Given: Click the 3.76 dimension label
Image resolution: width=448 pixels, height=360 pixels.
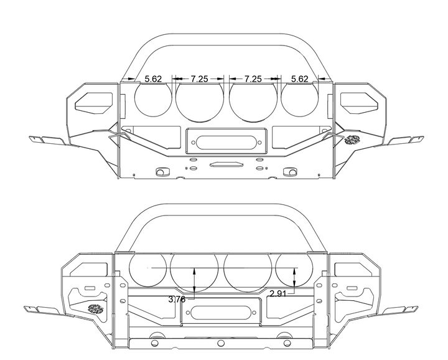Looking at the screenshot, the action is [177, 300].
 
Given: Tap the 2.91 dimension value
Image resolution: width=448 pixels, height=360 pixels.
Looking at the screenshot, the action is [278, 293].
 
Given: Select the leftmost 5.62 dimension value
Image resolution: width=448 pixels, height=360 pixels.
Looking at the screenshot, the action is [153, 79].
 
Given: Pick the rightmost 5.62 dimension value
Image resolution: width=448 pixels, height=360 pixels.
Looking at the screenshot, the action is [300, 79].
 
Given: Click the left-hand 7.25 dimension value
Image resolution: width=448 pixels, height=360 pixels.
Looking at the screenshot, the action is [200, 79].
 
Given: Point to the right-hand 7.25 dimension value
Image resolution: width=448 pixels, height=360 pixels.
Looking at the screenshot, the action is [253, 79].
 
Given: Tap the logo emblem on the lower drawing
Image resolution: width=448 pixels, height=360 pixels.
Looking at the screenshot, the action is [95, 309].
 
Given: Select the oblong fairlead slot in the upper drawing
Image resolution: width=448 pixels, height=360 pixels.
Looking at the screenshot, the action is [226, 143].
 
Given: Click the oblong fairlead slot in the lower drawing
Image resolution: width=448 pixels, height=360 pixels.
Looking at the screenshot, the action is [221, 313].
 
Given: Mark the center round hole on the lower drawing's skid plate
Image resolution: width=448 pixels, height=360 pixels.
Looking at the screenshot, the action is [220, 343].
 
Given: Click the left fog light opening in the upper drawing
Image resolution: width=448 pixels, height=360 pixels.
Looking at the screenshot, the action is [94, 102].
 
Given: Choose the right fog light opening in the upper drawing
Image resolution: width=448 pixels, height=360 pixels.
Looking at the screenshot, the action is [359, 102].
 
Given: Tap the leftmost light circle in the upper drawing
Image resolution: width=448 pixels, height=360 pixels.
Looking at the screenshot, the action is [153, 98].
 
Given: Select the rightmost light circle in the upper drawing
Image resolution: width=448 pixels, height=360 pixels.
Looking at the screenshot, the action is [300, 98].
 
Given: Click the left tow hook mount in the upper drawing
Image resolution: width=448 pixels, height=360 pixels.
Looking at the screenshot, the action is [161, 172].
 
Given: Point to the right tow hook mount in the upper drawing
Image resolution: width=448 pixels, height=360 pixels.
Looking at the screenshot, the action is [290, 172].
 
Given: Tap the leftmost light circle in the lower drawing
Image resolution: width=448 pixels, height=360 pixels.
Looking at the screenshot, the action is [147, 268].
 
